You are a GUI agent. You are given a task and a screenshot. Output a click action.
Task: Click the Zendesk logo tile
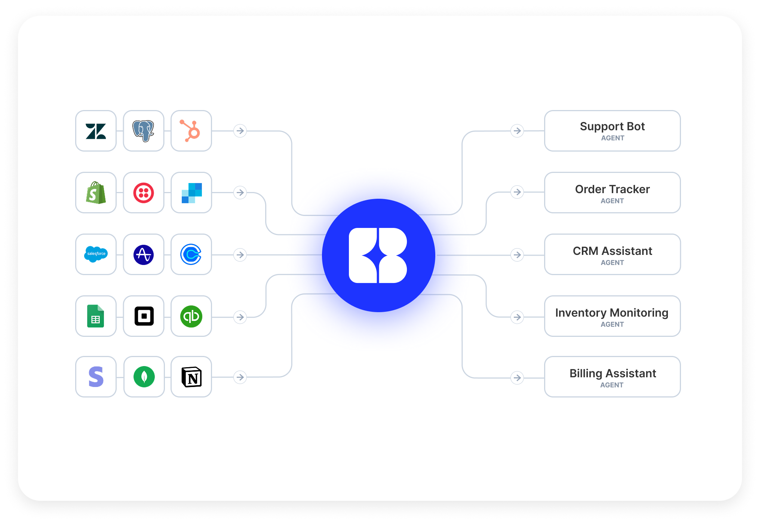coord(96,131)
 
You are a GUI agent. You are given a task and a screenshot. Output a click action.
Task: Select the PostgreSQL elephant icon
coord(144,131)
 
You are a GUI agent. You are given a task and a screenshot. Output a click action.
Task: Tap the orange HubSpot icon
coord(191,131)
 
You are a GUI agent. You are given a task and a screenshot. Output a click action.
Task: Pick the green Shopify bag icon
coord(96,193)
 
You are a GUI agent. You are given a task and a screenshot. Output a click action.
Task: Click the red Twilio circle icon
coord(144,193)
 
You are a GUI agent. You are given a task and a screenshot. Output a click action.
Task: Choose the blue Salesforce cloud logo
coord(96,255)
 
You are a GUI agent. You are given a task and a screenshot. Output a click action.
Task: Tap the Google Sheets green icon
coord(96,316)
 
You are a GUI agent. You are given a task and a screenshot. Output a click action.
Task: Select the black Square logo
coord(144,316)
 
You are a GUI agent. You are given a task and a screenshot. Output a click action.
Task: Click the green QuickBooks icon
coord(191,316)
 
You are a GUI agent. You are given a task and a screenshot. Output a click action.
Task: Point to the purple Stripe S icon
coord(96,377)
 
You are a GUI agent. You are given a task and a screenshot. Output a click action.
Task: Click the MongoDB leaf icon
coord(144,377)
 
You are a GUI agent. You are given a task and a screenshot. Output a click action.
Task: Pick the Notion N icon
coord(191,377)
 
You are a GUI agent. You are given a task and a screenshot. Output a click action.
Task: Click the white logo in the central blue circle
coord(378,255)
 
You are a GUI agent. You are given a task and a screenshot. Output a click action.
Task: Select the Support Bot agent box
coord(612,131)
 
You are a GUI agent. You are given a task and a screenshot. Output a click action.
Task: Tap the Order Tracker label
coord(612,189)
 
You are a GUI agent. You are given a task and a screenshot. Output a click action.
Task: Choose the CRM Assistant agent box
coord(612,255)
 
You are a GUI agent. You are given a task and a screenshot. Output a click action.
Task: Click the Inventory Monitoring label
coord(611,313)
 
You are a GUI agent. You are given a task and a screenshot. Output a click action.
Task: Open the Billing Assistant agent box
coord(612,377)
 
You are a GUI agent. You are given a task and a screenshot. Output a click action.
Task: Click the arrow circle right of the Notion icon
coord(240,377)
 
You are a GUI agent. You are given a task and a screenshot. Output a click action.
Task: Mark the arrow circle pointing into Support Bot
coord(517,131)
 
